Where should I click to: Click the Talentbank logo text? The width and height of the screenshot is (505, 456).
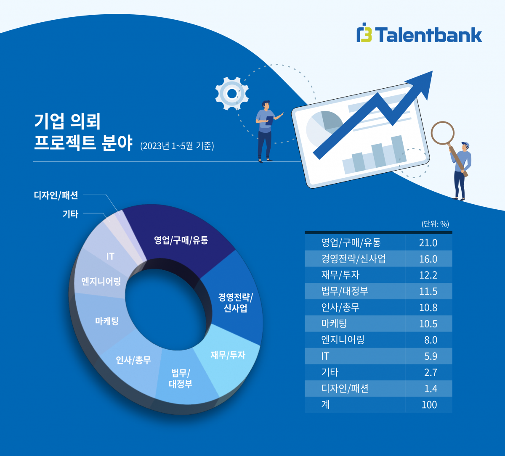click(x=428, y=35)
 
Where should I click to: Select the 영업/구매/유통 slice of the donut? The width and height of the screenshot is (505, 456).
click(x=181, y=240)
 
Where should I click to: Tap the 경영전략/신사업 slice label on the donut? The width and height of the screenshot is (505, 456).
click(x=235, y=303)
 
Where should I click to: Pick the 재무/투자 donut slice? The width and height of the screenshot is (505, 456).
click(x=228, y=356)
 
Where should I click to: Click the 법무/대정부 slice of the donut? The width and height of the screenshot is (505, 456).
click(x=181, y=378)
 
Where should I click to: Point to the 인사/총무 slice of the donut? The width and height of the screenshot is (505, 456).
click(x=133, y=360)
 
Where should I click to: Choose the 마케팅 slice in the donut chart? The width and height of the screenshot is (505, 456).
click(x=106, y=322)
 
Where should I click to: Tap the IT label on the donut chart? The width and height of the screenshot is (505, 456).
click(x=110, y=256)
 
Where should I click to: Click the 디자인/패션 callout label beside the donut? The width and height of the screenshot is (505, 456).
click(x=56, y=195)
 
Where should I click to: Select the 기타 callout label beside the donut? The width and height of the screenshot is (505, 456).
click(x=70, y=214)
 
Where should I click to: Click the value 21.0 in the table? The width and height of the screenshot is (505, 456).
click(x=428, y=243)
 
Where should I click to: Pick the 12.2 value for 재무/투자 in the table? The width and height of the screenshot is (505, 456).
click(x=428, y=275)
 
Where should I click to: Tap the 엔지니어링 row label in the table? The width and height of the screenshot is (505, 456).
click(x=343, y=340)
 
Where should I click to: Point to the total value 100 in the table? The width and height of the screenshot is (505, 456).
click(x=429, y=405)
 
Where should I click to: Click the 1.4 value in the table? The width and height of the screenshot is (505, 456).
click(x=431, y=389)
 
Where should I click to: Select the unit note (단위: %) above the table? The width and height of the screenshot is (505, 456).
click(x=435, y=224)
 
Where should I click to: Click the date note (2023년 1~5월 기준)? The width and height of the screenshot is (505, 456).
click(x=177, y=146)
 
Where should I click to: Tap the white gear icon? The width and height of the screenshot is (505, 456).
click(x=231, y=93)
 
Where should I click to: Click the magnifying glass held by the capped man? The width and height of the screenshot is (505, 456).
click(x=443, y=133)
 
